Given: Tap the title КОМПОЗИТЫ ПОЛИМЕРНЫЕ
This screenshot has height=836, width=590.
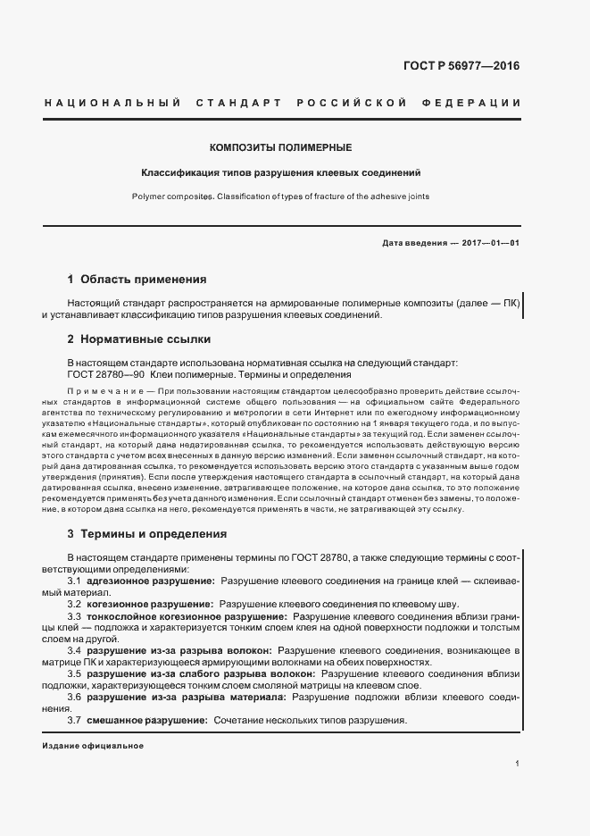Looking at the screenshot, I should tap(280, 146).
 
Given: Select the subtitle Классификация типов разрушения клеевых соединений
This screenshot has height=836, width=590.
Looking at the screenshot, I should tap(280, 172).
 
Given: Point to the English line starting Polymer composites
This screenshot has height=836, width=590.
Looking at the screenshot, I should tap(280, 196).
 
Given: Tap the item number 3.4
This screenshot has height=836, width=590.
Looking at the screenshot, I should tap(75, 650).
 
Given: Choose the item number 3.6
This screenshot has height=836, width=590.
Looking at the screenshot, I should tap(75, 697).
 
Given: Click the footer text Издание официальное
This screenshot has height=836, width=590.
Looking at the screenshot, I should tap(92, 745).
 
